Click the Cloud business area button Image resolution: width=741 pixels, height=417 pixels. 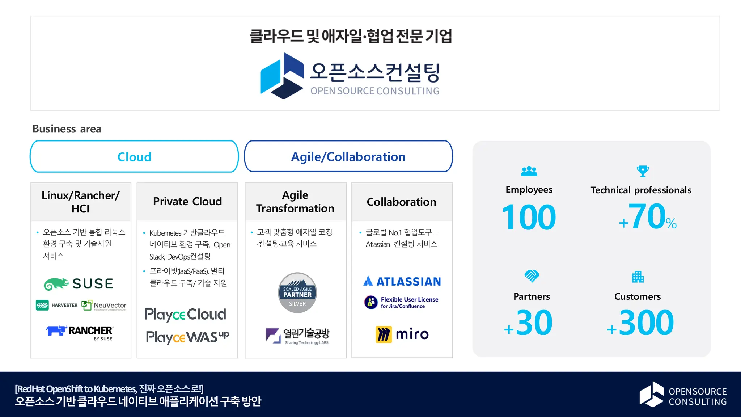[x=134, y=157]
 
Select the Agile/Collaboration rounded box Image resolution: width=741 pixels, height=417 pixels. [x=348, y=157]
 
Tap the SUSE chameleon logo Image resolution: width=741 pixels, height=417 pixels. [x=79, y=284]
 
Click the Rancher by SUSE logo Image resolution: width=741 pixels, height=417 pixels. [x=80, y=332]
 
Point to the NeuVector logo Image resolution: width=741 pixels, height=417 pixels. [x=104, y=306]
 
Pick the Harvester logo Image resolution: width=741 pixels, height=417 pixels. [x=57, y=305]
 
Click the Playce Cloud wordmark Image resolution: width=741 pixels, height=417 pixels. [x=185, y=314]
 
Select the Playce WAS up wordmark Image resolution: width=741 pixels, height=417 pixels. [x=187, y=337]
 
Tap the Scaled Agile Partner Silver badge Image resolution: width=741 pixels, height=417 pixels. [x=297, y=293]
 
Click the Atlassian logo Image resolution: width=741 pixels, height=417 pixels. [x=402, y=281]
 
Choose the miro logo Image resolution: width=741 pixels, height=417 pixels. [x=402, y=334]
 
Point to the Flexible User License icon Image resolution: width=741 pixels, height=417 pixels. [x=371, y=302]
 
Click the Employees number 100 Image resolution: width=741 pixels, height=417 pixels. [x=529, y=217]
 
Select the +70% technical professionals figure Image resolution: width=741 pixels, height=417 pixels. [x=648, y=217]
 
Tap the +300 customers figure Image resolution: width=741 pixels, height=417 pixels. [x=640, y=323]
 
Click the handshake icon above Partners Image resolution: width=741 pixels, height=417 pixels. [x=532, y=276]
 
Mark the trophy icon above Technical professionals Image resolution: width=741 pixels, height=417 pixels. [x=643, y=171]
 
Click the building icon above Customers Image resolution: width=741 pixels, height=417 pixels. [x=638, y=277]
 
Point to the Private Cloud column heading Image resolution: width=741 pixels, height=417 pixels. [x=187, y=201]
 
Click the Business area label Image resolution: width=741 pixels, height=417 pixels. [x=67, y=129]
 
